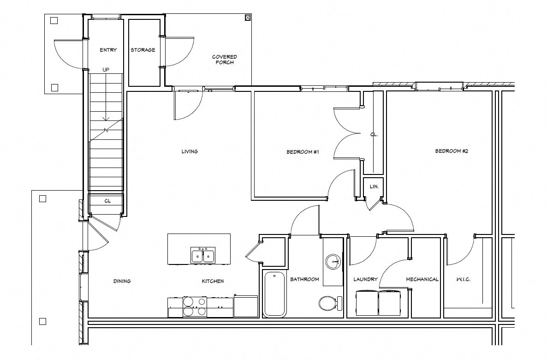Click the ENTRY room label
click(x=108, y=50)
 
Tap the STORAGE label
click(x=143, y=50)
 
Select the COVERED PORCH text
click(x=224, y=60)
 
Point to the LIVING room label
click(x=190, y=151)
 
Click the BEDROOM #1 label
click(x=303, y=151)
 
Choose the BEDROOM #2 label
click(x=452, y=151)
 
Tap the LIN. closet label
click(x=374, y=186)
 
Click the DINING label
click(x=122, y=281)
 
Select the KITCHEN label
click(x=213, y=281)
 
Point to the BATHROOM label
click(x=304, y=279)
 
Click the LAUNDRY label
click(x=365, y=279)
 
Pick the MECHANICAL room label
click(x=422, y=279)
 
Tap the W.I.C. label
click(x=463, y=280)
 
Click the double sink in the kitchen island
click(x=203, y=255)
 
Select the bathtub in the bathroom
click(x=274, y=294)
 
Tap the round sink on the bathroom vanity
click(x=333, y=262)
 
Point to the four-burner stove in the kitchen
click(x=195, y=306)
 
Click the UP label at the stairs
click(x=106, y=70)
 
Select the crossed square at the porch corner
click(x=248, y=18)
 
